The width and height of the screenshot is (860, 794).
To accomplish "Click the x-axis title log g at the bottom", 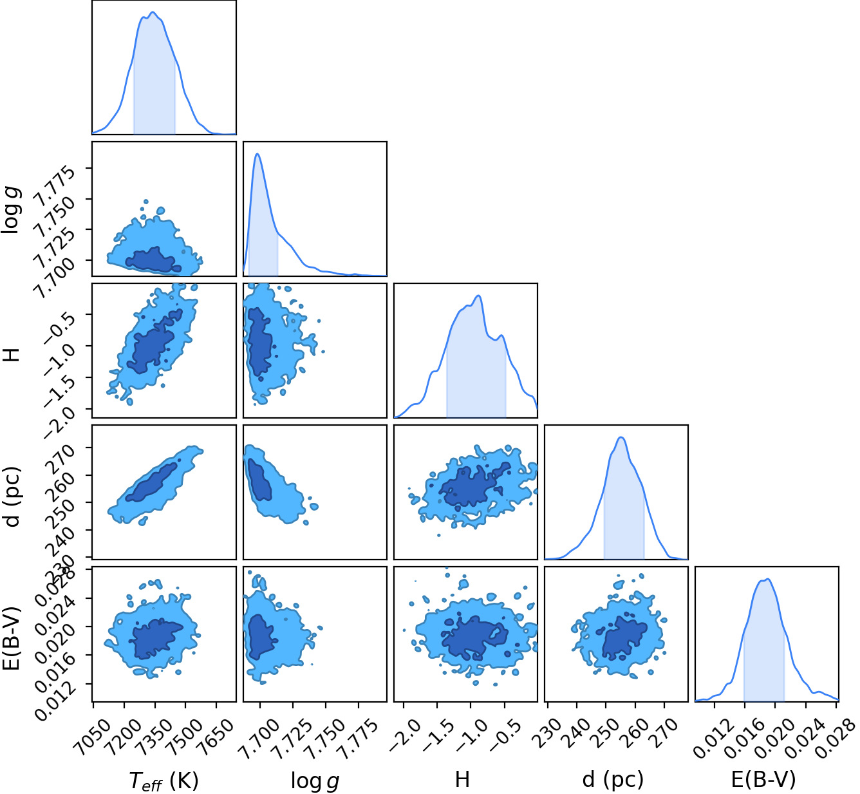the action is (x=315, y=780).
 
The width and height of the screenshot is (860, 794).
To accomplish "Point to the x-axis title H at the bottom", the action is (x=462, y=780).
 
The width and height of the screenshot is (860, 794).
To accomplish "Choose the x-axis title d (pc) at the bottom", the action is (x=613, y=780).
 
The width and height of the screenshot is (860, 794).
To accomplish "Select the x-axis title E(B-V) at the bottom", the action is (x=763, y=780).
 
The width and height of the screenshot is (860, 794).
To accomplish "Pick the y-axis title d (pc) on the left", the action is (x=13, y=496).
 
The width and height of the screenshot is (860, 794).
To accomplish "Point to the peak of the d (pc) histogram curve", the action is (x=621, y=437).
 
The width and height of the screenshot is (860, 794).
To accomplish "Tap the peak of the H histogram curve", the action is (x=478, y=296).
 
